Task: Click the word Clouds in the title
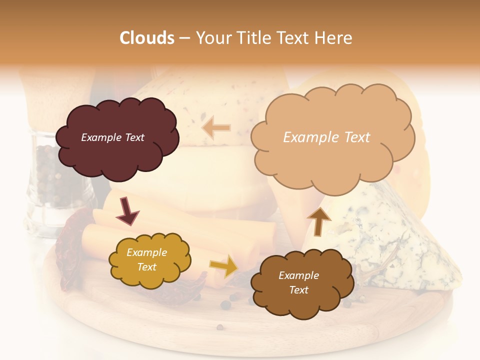tap(147, 38)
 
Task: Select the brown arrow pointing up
tap(318, 221)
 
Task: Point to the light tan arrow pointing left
tap(216, 128)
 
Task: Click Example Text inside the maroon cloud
tap(112, 137)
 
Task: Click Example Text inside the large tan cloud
tap(326, 137)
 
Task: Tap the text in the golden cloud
tap(146, 260)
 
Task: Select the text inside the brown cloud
tap(298, 282)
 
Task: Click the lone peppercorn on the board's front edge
tap(219, 327)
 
